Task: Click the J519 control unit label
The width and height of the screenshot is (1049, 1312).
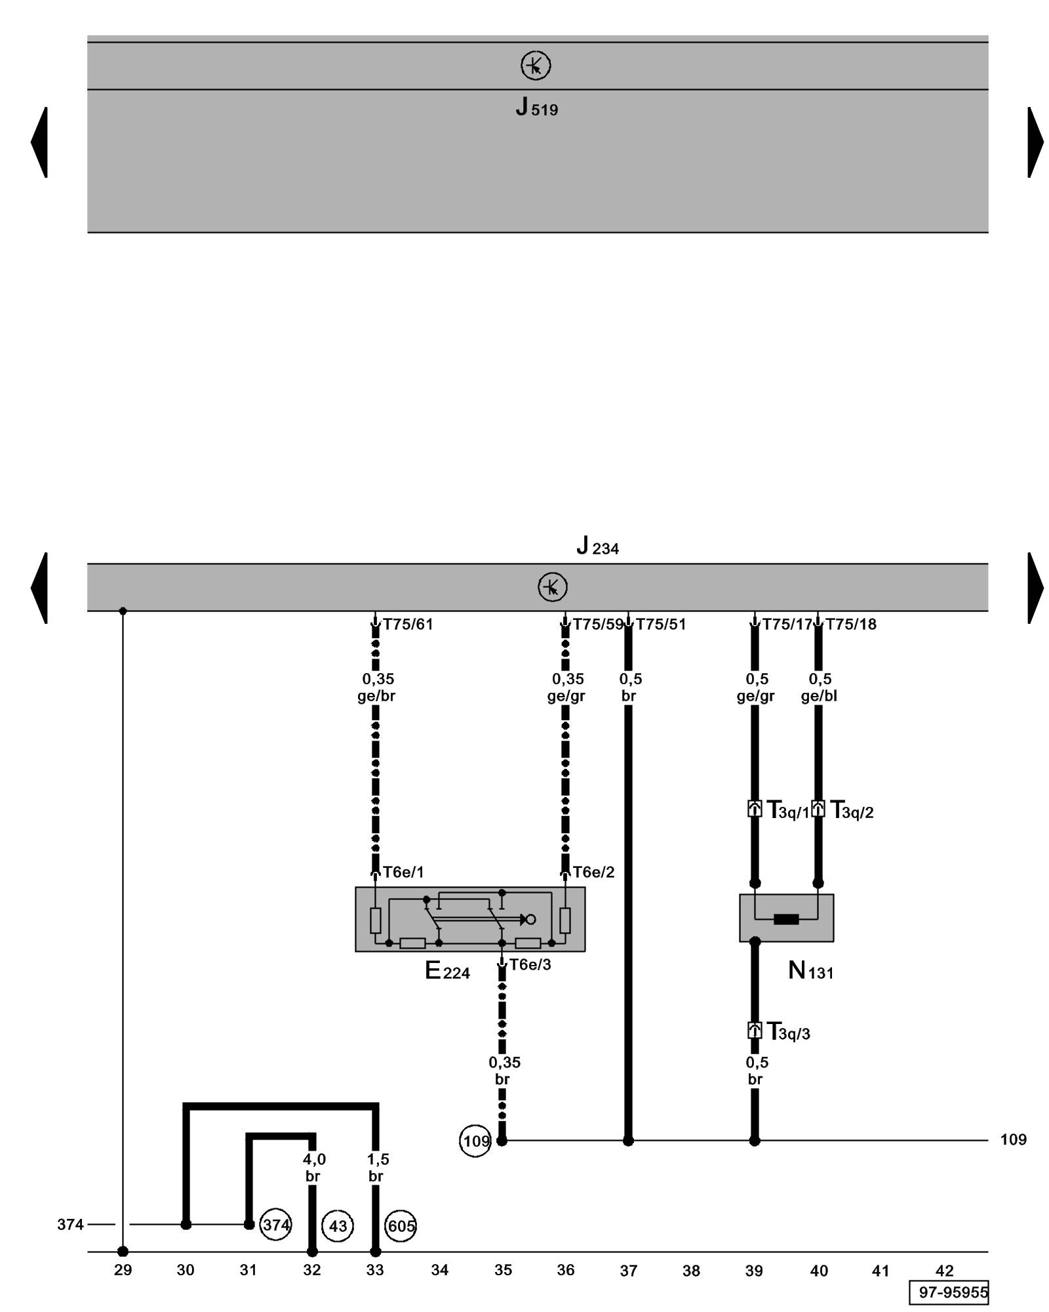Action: click(536, 107)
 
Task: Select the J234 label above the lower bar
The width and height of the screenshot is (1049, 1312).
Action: click(597, 546)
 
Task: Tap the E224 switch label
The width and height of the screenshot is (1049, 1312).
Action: click(447, 971)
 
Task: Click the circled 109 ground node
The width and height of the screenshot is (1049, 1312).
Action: click(475, 1141)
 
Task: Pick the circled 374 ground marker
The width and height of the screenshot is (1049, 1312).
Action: click(276, 1225)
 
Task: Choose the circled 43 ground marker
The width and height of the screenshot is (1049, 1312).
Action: click(338, 1225)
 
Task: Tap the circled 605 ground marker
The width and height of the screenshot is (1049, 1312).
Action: click(401, 1225)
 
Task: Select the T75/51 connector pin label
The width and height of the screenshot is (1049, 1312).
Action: click(661, 625)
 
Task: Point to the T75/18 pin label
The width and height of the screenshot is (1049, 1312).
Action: click(851, 625)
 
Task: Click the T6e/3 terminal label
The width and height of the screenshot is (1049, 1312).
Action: click(530, 965)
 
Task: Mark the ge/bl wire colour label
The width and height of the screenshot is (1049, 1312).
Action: click(819, 696)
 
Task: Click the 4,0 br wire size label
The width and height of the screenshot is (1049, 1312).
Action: click(313, 1168)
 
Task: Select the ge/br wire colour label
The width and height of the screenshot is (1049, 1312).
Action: click(376, 696)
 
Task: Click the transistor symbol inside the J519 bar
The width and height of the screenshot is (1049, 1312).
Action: click(536, 66)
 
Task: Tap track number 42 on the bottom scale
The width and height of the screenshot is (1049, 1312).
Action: click(944, 1271)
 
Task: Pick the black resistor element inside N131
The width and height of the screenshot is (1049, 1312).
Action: click(786, 919)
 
